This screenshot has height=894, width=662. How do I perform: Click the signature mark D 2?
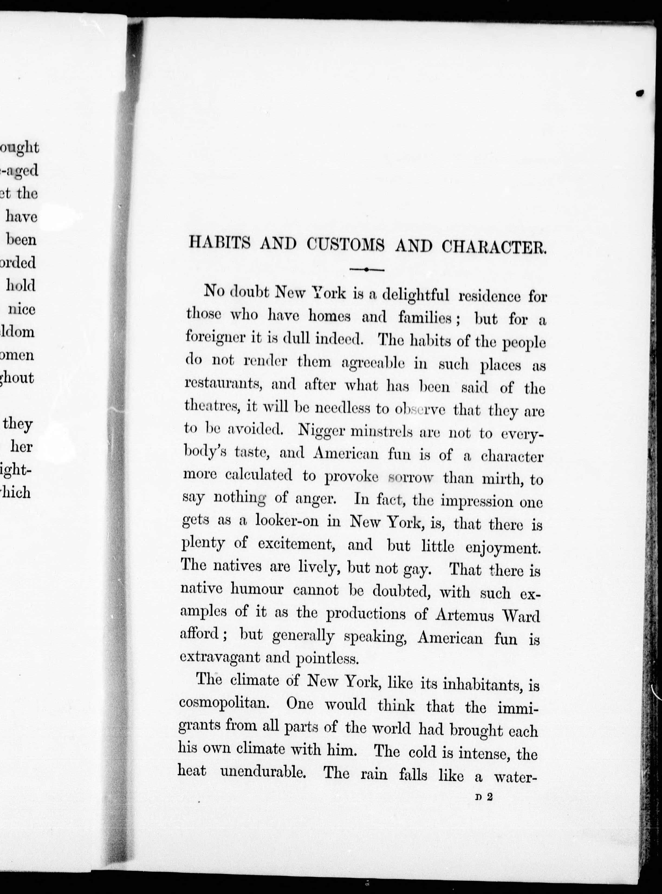[x=484, y=797]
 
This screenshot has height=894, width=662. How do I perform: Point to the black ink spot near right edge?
[x=640, y=93]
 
